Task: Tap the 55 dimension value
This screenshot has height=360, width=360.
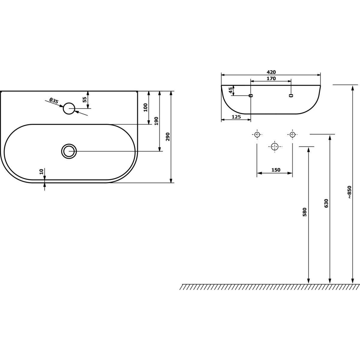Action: click(x=85, y=100)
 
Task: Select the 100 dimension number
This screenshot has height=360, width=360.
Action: click(x=146, y=107)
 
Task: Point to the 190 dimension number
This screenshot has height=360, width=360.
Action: click(x=156, y=121)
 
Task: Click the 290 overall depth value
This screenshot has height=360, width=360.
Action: click(x=168, y=136)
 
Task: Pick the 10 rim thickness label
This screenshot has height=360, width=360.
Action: click(x=41, y=172)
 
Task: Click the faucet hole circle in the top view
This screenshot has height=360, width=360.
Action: click(x=69, y=108)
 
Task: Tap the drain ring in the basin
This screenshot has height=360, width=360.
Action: click(x=69, y=151)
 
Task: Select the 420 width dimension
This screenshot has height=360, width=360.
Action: click(x=271, y=72)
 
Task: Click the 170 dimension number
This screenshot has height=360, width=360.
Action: click(x=271, y=79)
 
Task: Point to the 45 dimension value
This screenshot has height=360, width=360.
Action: click(x=231, y=90)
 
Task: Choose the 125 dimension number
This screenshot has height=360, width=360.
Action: click(x=236, y=117)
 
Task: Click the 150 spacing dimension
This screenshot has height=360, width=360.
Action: click(x=276, y=170)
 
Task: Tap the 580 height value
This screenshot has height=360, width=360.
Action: click(x=304, y=212)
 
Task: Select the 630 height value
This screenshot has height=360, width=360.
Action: click(x=326, y=203)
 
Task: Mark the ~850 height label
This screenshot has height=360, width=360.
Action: click(x=349, y=192)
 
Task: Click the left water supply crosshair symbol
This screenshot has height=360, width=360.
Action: click(x=257, y=134)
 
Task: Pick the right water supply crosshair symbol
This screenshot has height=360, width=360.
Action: click(x=292, y=134)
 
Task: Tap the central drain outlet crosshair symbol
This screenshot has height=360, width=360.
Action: click(x=274, y=147)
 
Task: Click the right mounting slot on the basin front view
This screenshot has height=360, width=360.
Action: click(x=291, y=95)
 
